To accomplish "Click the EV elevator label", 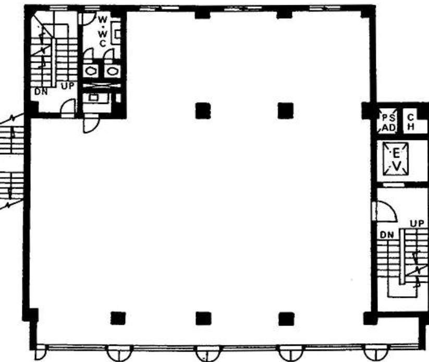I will pos(396,159).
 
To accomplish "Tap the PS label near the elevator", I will pos(388,117).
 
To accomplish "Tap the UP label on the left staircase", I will pos(68,86).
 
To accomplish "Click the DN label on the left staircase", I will pos(41,92).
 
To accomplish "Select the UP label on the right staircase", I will pos(417,224).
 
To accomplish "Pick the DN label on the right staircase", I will pos(386,235).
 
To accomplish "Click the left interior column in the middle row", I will pos(203,111).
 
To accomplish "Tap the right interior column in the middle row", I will pos(285,111).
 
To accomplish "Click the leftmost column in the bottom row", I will pos(118,317).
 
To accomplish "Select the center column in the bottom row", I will pos(203,318).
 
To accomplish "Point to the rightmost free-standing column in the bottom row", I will pos(285,318).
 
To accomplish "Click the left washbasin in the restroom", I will pos(91,70).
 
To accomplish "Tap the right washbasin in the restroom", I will pos(111,70).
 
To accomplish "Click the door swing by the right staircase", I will pos(385,211).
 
